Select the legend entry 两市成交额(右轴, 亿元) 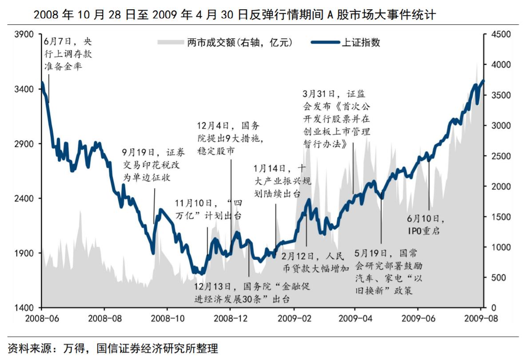coord(239,43)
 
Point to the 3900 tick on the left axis coord(25,34)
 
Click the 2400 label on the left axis coord(25,198)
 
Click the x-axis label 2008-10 coord(167,318)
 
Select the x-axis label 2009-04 coord(354,318)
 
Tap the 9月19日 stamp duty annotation coord(154,165)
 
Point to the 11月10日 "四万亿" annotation coord(208,210)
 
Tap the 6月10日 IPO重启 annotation coord(425,225)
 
